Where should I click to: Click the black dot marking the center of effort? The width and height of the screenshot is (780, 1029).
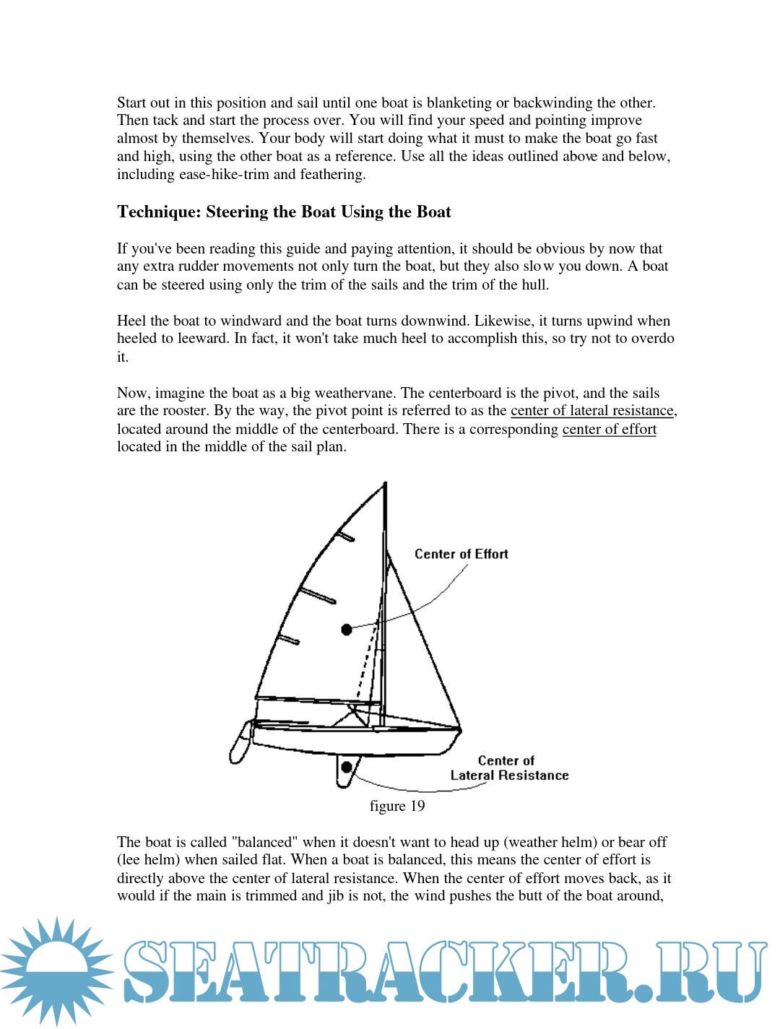pyautogui.click(x=347, y=630)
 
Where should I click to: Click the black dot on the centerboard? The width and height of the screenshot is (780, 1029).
pyautogui.click(x=347, y=767)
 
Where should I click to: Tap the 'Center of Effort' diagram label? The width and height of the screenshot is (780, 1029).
pyautogui.click(x=461, y=554)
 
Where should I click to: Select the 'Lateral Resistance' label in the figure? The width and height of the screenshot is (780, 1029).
pyautogui.click(x=509, y=776)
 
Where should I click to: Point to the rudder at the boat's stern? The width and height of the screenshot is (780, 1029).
pyautogui.click(x=240, y=744)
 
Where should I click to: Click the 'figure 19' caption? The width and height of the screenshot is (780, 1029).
pyautogui.click(x=396, y=806)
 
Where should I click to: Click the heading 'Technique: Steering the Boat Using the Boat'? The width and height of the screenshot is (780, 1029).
pyautogui.click(x=284, y=212)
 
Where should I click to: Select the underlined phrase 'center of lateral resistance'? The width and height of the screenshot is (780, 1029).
pyautogui.click(x=591, y=411)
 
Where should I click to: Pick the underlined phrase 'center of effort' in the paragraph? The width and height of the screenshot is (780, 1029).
pyautogui.click(x=609, y=429)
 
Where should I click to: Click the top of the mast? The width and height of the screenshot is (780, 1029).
pyautogui.click(x=385, y=484)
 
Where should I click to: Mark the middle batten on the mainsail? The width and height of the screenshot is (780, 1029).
pyautogui.click(x=318, y=596)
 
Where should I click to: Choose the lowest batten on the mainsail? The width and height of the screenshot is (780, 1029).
pyautogui.click(x=289, y=640)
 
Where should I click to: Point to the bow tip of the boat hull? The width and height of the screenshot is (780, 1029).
pyautogui.click(x=460, y=730)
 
